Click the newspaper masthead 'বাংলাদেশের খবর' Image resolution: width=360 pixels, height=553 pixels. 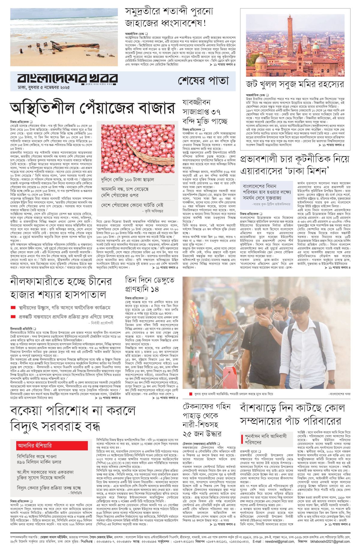pos(67,79)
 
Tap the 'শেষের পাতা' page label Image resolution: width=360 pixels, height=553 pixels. pos(203,80)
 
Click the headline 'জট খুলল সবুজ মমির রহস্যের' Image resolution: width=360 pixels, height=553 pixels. pos(295,84)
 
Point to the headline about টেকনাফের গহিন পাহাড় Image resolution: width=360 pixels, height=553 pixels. pos(207,420)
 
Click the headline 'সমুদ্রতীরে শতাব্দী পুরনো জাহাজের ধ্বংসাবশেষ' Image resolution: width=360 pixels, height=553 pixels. pos(169,17)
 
